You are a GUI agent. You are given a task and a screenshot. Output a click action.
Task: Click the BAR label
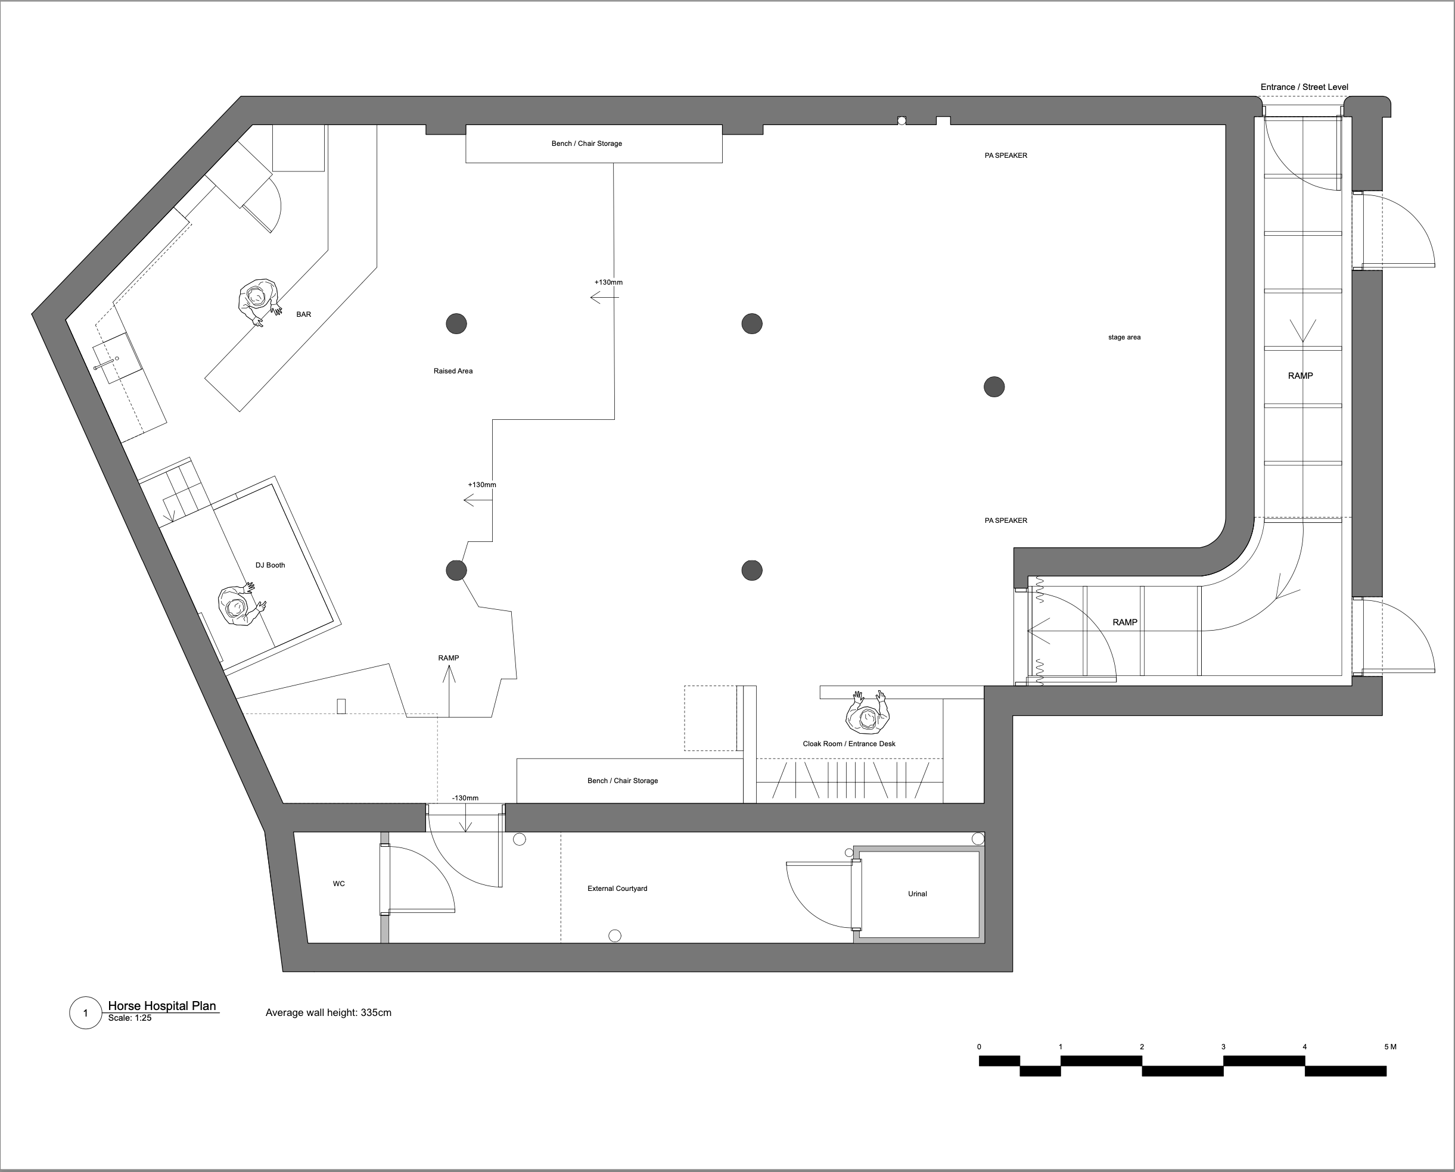(x=303, y=314)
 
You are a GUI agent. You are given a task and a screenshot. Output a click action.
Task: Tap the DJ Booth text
(x=270, y=565)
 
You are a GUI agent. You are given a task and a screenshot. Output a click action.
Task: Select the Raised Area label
(x=453, y=370)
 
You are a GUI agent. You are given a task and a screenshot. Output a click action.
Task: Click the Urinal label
(x=918, y=894)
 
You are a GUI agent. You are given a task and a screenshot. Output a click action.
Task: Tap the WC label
(x=339, y=884)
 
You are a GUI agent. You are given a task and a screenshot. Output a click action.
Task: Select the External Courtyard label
(x=617, y=889)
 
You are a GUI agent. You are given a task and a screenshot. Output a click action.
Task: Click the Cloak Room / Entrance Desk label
(x=849, y=744)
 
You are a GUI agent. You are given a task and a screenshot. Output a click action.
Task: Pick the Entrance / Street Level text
(x=1304, y=87)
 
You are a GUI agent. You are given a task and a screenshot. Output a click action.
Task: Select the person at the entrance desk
(x=868, y=712)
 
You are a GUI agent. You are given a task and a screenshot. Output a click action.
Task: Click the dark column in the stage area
(x=994, y=387)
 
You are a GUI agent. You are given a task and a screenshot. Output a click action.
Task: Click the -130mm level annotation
(x=465, y=798)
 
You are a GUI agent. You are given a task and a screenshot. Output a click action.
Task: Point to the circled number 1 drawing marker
(x=86, y=1012)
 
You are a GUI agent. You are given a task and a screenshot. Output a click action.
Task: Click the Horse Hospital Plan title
(x=162, y=1006)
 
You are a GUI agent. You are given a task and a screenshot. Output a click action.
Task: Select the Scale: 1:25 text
(x=130, y=1018)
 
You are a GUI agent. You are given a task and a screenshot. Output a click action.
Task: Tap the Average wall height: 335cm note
(x=328, y=1012)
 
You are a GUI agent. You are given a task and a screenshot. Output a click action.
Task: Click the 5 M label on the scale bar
(x=1390, y=1047)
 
